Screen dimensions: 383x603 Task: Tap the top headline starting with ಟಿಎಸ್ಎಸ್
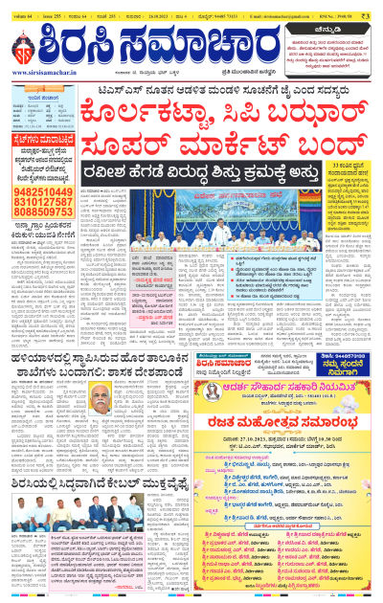point(191,88)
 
